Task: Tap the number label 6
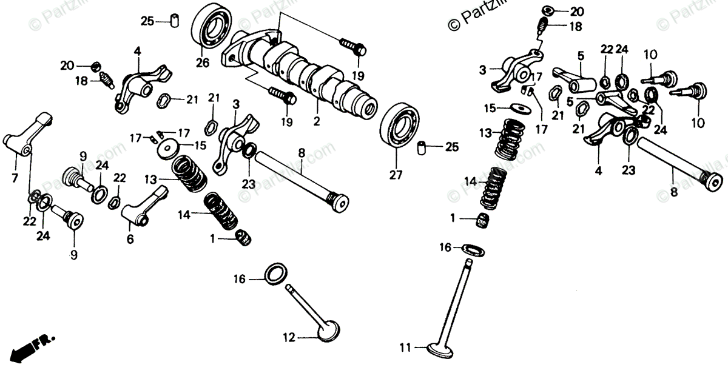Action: click(130, 240)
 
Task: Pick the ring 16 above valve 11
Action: click(473, 247)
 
